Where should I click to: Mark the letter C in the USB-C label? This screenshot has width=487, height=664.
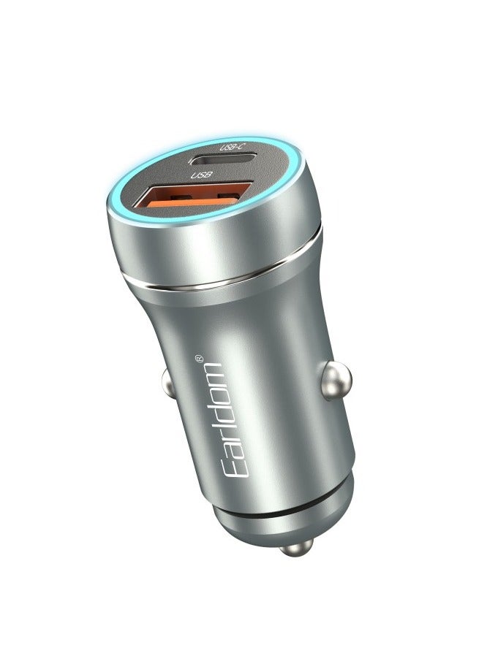pyautogui.click(x=239, y=147)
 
